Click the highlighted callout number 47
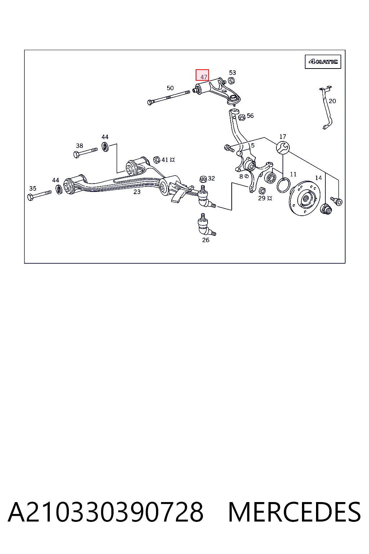click(x=204, y=77)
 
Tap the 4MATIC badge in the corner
click(x=323, y=62)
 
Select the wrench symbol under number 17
click(x=283, y=148)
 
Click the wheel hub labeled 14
click(x=304, y=198)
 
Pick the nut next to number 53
click(x=231, y=81)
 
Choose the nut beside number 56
click(x=242, y=117)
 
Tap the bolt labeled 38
click(x=85, y=152)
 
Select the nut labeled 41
click(x=156, y=160)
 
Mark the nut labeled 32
click(x=203, y=179)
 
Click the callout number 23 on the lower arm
click(x=137, y=192)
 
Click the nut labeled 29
click(x=262, y=191)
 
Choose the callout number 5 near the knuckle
click(x=253, y=145)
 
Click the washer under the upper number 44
click(x=105, y=147)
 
